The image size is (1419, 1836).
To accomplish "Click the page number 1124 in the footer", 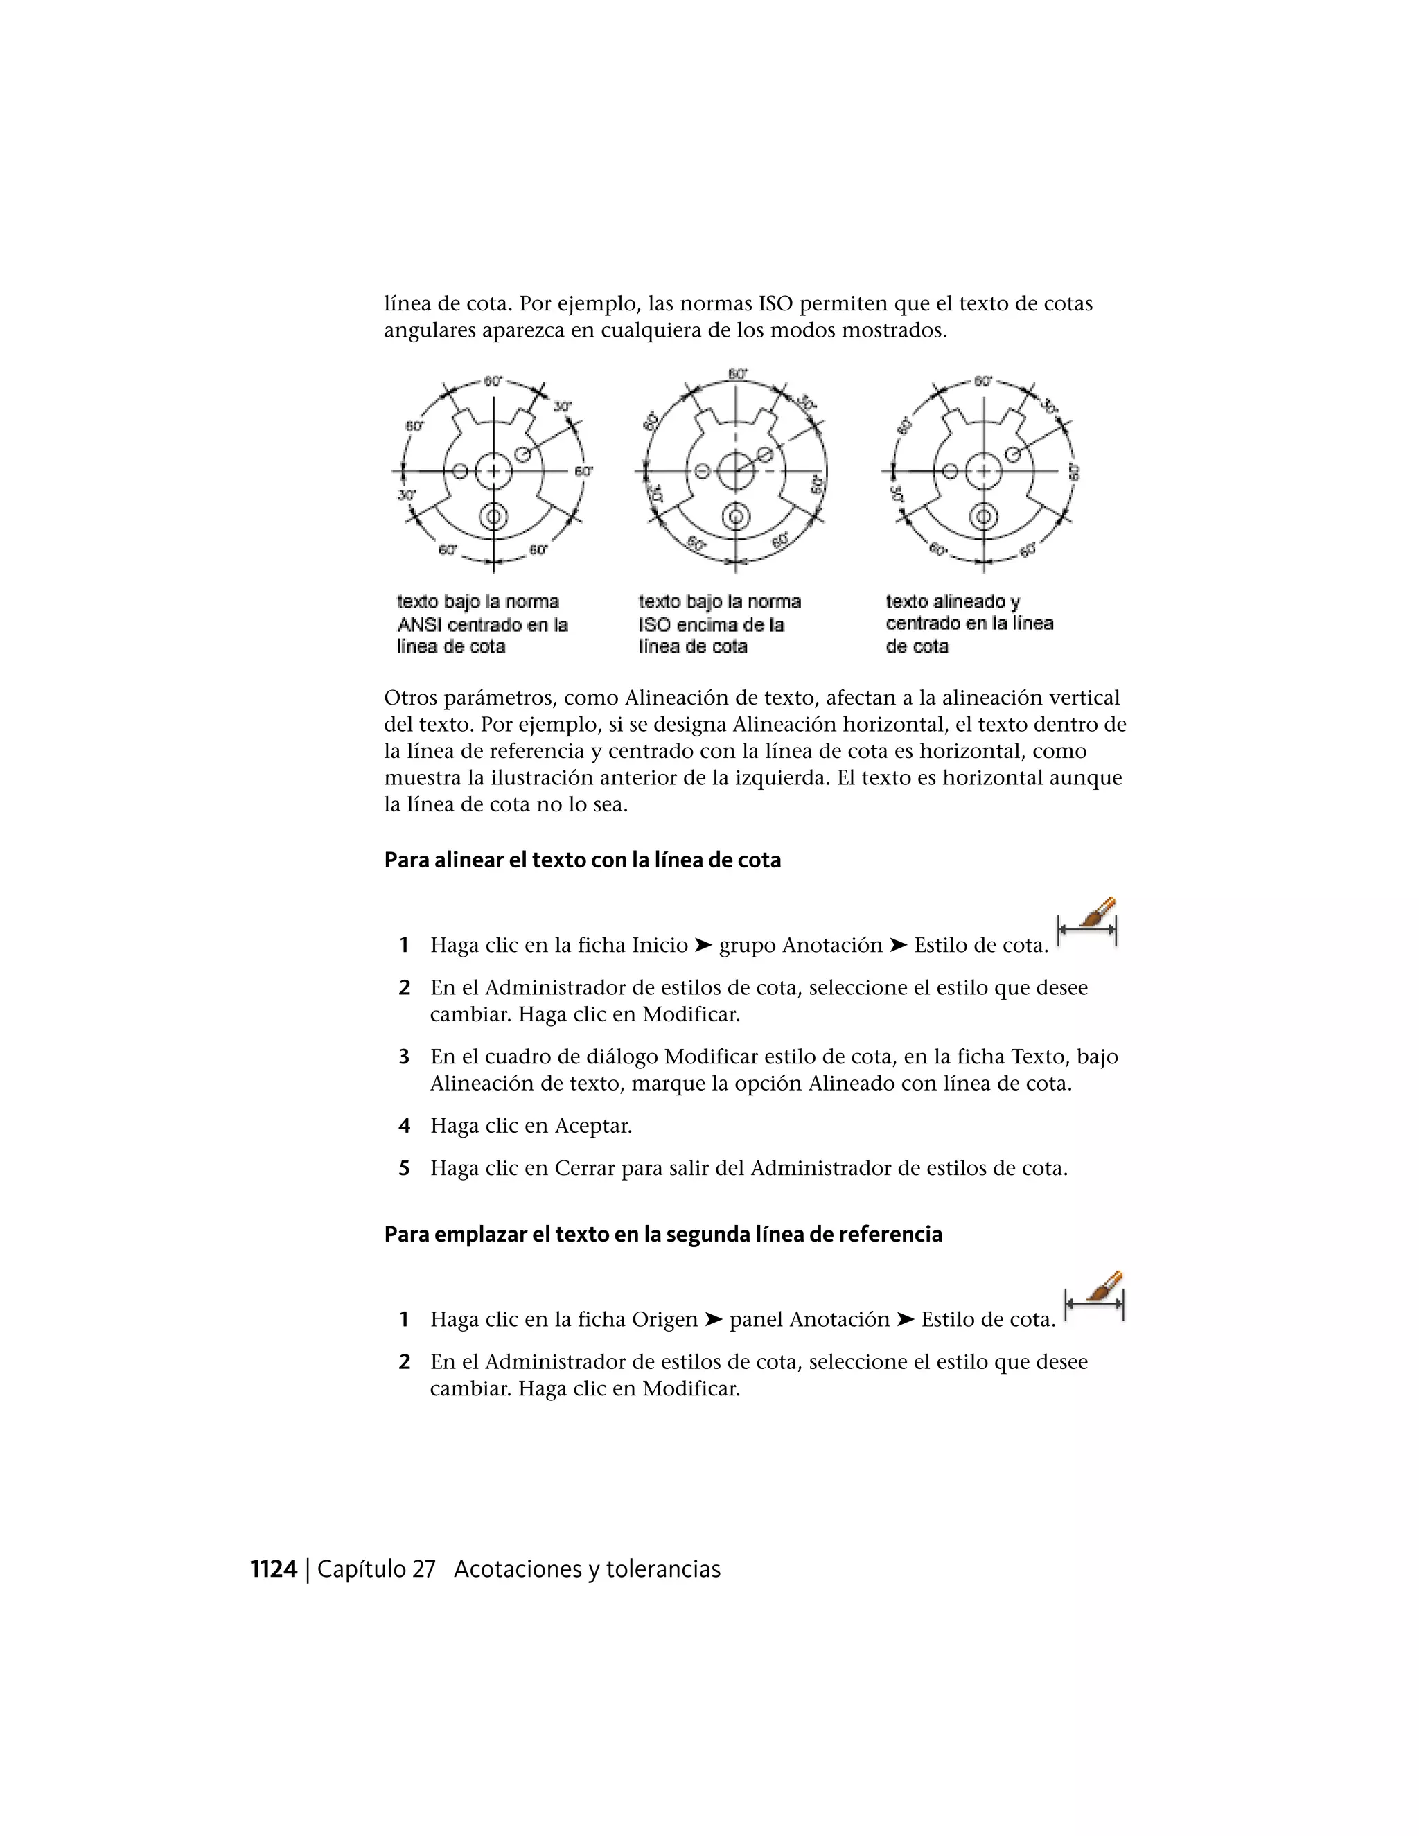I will [x=274, y=1569].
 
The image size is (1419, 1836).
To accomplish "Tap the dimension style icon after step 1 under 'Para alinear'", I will [x=1088, y=922].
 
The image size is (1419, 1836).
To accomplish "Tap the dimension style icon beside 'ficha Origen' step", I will [x=1095, y=1296].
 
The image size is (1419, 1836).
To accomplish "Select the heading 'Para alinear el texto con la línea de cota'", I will [x=582, y=860].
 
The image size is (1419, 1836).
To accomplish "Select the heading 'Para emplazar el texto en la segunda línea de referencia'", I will [x=662, y=1234].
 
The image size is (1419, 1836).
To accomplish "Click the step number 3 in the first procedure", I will [x=405, y=1057].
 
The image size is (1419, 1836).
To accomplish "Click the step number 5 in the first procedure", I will [x=405, y=1169].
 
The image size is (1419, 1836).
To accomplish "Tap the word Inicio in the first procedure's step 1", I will [x=660, y=946].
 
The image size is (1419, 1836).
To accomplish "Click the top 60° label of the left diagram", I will [x=493, y=381].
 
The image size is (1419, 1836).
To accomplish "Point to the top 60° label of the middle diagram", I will [x=737, y=374].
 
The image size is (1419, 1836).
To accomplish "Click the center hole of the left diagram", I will [x=493, y=470].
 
